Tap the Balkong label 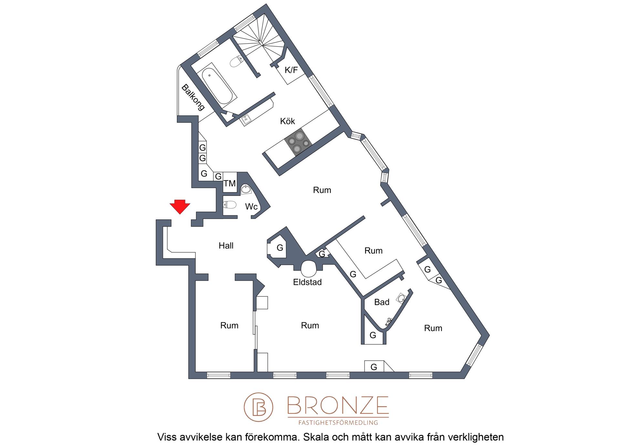(x=193, y=97)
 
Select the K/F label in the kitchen (x=291, y=70)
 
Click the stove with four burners (x=298, y=142)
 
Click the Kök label (x=287, y=121)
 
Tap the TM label (x=230, y=184)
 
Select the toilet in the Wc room (x=230, y=205)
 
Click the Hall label (x=226, y=246)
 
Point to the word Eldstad (x=307, y=282)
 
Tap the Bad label (x=382, y=302)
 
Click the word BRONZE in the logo (x=338, y=405)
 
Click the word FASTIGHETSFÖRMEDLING (x=338, y=422)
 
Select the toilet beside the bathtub (x=237, y=61)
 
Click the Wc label (x=251, y=207)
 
